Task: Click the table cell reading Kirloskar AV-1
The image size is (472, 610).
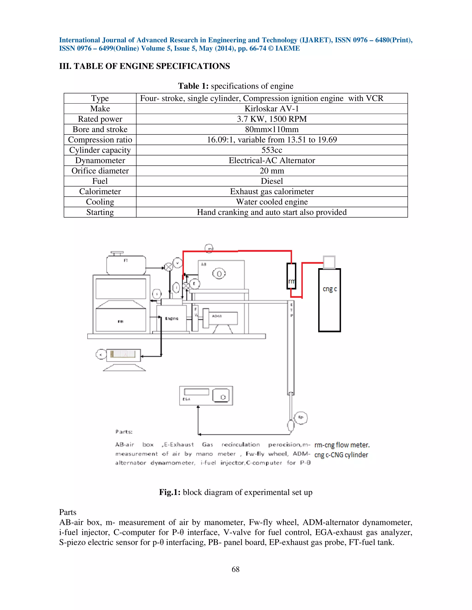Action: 271,109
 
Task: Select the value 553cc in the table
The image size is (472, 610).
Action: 271,150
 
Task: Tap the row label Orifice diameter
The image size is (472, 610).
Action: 100,171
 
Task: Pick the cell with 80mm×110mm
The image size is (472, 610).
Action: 271,129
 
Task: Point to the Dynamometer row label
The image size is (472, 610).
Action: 100,160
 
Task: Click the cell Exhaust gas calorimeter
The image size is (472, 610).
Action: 271,191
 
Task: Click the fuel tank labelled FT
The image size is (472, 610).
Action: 126,265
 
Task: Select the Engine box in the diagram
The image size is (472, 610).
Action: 171,318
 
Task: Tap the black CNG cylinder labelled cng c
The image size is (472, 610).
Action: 329,300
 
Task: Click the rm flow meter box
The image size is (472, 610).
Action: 291,276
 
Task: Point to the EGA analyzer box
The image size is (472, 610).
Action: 206,395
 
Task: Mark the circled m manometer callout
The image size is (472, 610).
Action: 209,248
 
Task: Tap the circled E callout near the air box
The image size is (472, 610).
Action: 194,284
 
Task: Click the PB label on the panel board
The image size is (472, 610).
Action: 121,322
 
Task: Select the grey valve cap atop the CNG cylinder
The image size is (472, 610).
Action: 329,262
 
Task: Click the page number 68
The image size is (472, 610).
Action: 236,569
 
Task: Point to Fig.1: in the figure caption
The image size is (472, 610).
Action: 170,492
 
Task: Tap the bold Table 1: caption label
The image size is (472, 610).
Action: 193,86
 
